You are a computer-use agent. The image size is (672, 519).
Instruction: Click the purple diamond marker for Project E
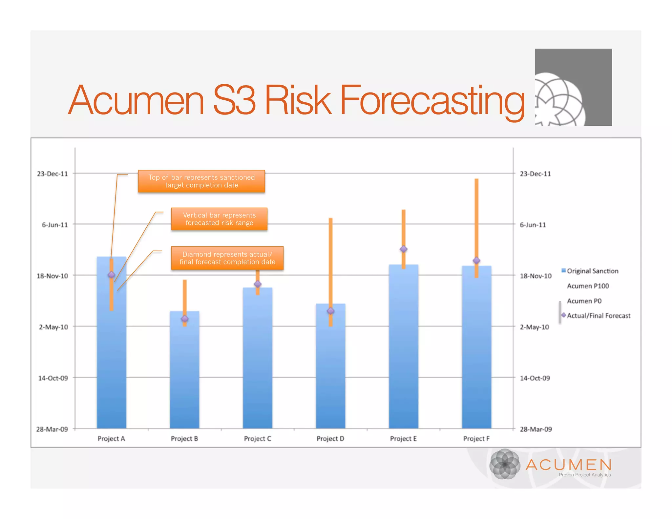pos(404,249)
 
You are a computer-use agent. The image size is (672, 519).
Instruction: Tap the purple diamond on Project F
pos(476,260)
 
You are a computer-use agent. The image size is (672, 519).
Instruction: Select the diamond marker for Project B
pos(185,319)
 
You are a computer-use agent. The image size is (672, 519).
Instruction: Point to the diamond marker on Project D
pos(331,311)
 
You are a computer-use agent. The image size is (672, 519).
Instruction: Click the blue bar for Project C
pos(258,361)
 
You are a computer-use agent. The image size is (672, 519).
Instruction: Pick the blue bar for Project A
pos(112,361)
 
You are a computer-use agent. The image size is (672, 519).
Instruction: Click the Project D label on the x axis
pos(330,439)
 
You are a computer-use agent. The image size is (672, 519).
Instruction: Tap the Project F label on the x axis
pos(476,439)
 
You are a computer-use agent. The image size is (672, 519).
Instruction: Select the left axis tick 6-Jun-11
pos(55,225)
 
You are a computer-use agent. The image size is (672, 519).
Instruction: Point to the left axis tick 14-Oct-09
pos(53,378)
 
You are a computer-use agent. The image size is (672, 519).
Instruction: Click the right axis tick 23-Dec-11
pos(535,174)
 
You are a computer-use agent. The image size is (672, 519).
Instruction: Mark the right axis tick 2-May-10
pos(534,327)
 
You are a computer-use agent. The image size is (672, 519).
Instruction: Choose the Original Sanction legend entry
pos(592,271)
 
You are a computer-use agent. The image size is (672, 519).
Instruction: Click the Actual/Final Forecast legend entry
pos(598,316)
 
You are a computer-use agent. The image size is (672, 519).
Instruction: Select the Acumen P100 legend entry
pos(588,286)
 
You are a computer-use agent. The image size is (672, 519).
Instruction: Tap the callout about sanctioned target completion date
pos(201,181)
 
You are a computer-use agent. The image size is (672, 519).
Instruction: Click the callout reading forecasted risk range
pos(219,219)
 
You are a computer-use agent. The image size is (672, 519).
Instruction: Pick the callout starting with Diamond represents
pos(227,258)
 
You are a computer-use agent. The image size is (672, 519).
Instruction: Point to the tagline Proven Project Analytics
pos(585,475)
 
